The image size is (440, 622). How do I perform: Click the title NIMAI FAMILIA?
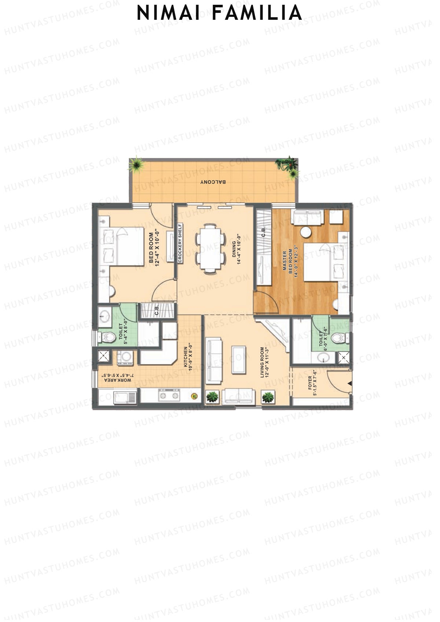219,13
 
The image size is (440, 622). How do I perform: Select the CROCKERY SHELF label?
180,243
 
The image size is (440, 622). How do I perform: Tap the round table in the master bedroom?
306,232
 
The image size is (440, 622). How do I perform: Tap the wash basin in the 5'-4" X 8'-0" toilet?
106,316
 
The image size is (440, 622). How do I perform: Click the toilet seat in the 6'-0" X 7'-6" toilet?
338,338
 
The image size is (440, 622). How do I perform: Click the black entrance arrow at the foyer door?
349,383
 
